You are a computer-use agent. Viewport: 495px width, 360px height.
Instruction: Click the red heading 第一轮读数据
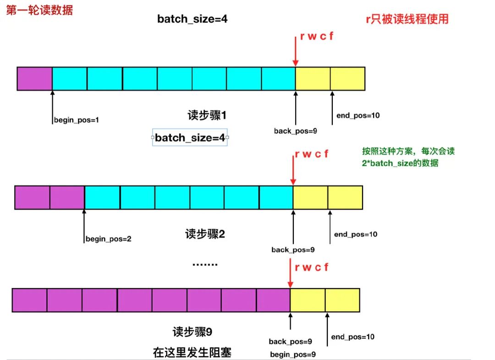click(x=39, y=10)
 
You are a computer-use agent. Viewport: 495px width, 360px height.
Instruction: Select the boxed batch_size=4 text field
click(x=190, y=138)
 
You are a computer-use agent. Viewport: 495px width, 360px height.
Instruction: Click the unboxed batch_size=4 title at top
click(x=192, y=19)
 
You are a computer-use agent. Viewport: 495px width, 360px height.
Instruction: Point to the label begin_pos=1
click(x=77, y=120)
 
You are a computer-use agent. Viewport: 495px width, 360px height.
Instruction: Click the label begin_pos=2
click(x=108, y=239)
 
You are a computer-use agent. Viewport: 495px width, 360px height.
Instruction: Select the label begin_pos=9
click(x=293, y=354)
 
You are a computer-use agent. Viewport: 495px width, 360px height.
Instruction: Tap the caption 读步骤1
click(x=207, y=115)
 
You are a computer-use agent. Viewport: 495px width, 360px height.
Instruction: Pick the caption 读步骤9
click(x=192, y=331)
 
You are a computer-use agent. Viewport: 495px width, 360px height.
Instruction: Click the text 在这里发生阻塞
click(x=192, y=352)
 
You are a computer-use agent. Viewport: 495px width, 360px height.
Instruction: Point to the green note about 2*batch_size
click(x=408, y=157)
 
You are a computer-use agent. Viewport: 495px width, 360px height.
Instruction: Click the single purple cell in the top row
click(x=34, y=78)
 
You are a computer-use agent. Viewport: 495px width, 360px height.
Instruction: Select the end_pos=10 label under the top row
click(x=357, y=115)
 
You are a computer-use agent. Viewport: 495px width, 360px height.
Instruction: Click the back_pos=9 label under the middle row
click(x=293, y=250)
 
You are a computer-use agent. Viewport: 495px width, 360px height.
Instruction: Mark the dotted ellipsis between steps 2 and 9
click(x=204, y=265)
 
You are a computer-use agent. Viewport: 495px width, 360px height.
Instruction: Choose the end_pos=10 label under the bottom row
click(x=353, y=337)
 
